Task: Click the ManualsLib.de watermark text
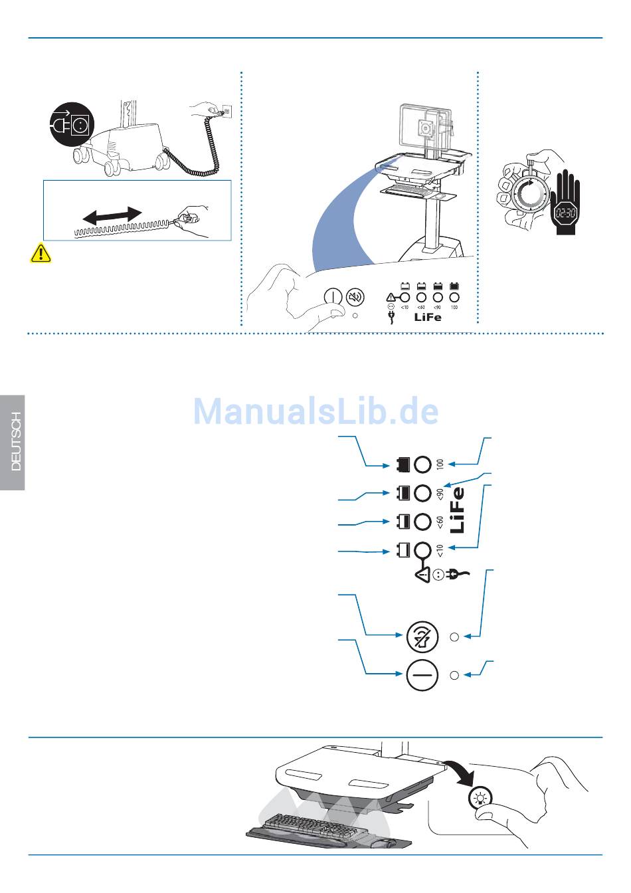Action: [316, 411]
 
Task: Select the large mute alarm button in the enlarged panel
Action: [422, 637]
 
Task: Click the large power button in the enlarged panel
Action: [422, 675]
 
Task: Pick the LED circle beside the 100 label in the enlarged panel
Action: [422, 464]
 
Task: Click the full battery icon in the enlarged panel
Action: [402, 464]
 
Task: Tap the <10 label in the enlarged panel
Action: [440, 550]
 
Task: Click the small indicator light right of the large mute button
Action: [454, 637]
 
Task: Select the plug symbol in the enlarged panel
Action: [459, 573]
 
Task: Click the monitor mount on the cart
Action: [425, 126]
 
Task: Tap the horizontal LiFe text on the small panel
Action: [427, 317]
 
